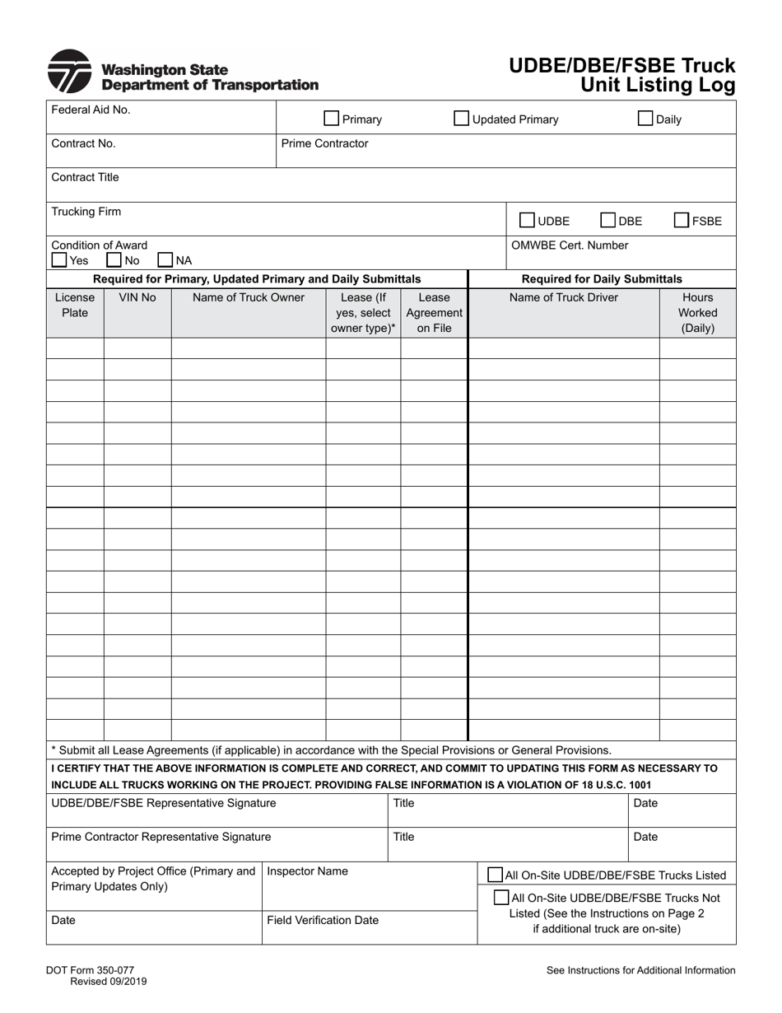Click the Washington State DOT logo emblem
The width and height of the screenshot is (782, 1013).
pyautogui.click(x=69, y=72)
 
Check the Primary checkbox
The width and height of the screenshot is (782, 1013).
pyautogui.click(x=331, y=119)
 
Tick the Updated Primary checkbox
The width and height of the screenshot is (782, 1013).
pyautogui.click(x=462, y=119)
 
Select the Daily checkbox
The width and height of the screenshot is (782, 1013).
pyautogui.click(x=645, y=119)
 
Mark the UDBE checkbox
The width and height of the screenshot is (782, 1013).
pyautogui.click(x=527, y=221)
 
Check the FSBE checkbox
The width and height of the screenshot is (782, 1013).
pyautogui.click(x=682, y=221)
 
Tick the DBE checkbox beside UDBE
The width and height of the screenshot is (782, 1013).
pyautogui.click(x=607, y=221)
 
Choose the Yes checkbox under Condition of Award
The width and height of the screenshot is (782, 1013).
pyautogui.click(x=59, y=260)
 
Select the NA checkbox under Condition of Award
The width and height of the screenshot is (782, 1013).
pyautogui.click(x=165, y=260)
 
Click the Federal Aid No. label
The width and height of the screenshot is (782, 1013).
pyautogui.click(x=91, y=110)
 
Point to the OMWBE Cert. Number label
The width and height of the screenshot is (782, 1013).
pyautogui.click(x=570, y=245)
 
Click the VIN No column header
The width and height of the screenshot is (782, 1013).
pyautogui.click(x=137, y=297)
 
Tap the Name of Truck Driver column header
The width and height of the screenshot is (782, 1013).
pyautogui.click(x=563, y=297)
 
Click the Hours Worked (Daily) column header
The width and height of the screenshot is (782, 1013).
pyautogui.click(x=697, y=313)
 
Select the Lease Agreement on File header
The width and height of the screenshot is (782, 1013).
pyautogui.click(x=434, y=313)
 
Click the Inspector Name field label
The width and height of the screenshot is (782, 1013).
pyautogui.click(x=307, y=871)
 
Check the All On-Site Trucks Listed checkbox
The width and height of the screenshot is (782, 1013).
pyautogui.click(x=496, y=875)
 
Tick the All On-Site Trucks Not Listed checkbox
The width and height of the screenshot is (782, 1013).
pyautogui.click(x=500, y=898)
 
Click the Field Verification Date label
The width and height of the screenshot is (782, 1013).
pyautogui.click(x=323, y=920)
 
